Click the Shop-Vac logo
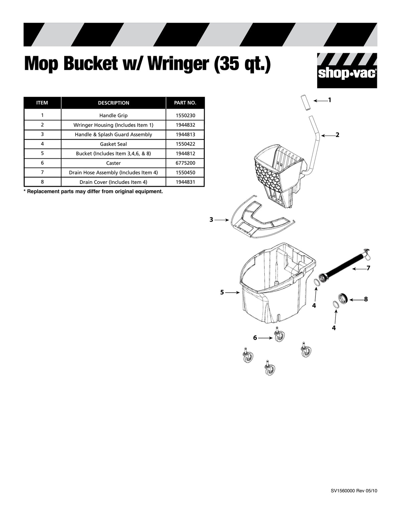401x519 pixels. click(347, 71)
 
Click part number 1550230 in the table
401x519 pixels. click(185, 116)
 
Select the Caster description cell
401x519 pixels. click(113, 163)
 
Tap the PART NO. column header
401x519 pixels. click(185, 103)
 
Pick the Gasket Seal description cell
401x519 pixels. click(113, 144)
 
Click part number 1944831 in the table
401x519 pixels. click(185, 182)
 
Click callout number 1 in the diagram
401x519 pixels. click(329, 100)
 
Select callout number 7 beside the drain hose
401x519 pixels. click(368, 268)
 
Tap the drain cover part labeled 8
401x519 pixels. click(343, 298)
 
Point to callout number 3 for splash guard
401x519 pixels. click(211, 220)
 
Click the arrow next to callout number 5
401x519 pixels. click(233, 292)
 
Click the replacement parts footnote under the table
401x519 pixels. click(93, 192)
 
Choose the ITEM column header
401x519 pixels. click(42, 103)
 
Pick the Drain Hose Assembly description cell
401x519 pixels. click(113, 173)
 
